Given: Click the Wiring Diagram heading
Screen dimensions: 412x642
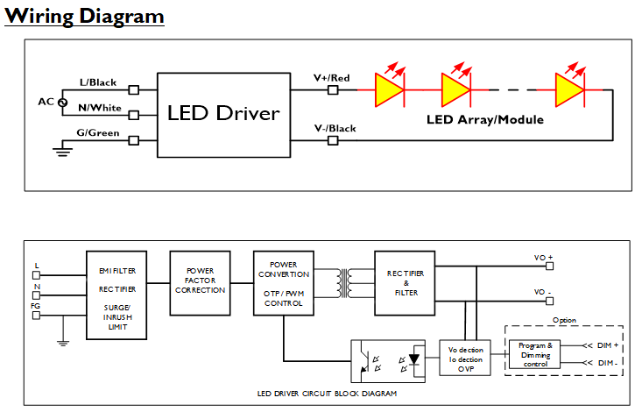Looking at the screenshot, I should click(84, 16).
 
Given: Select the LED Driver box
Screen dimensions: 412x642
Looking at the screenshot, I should click(223, 113).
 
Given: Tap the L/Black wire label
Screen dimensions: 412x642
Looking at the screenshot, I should click(97, 82).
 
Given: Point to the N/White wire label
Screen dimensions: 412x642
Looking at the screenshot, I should click(99, 107).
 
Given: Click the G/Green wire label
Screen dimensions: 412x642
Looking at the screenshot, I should click(99, 132).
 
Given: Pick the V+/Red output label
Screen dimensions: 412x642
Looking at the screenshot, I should click(332, 79).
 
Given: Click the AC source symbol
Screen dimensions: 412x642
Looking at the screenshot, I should click(62, 102).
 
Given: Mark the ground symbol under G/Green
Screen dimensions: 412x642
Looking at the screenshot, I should click(61, 152).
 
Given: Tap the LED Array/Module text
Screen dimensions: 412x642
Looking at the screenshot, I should click(485, 119).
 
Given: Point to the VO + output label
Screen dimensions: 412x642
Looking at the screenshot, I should click(544, 258).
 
